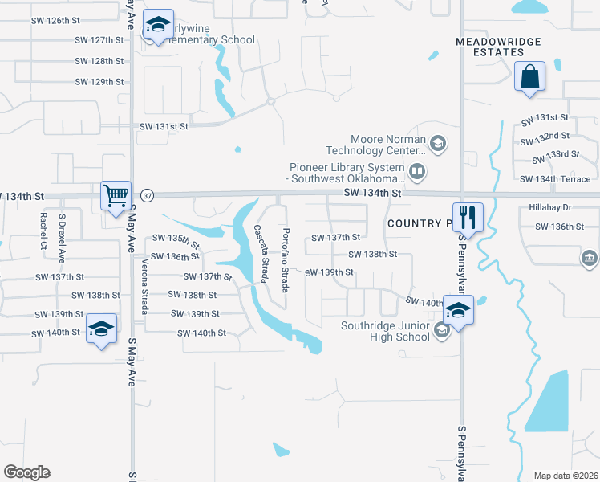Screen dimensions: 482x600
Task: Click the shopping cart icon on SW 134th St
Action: [x=116, y=195]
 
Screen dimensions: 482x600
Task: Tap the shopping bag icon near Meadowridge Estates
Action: [x=529, y=78]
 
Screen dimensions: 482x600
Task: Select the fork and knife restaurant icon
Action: [x=468, y=216]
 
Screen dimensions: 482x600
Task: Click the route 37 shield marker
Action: [x=146, y=195]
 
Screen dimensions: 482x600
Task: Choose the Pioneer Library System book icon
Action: [x=417, y=170]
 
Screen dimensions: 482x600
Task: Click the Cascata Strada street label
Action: [x=261, y=254]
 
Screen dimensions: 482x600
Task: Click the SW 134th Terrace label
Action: [x=555, y=179]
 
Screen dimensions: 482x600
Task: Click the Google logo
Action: [x=26, y=472]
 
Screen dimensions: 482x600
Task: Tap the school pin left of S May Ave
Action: [x=101, y=329]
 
